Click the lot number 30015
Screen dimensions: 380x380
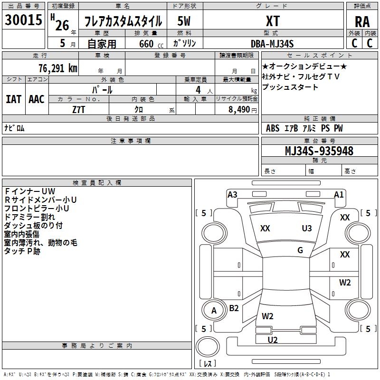pos(23,20)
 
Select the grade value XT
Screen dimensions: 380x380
pos(273,21)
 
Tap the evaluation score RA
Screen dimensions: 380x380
pos(362,22)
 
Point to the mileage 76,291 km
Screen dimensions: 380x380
pos(58,68)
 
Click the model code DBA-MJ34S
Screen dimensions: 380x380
pos(272,44)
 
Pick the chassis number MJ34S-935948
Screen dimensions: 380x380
pos(319,151)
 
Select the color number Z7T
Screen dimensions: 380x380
pos(78,110)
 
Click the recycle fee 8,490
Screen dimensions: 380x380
pos(239,110)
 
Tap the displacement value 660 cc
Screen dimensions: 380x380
pos(151,44)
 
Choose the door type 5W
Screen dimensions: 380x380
pos(184,21)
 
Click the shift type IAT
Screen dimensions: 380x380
pos(14,99)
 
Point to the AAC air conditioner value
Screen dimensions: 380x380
pos(37,99)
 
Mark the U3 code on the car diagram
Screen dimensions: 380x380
pos(307,228)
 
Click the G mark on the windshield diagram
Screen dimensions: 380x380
pos(300,250)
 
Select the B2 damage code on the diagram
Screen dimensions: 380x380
pos(234,308)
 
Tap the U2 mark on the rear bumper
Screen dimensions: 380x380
pos(273,340)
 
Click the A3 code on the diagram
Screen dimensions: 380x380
pos(232,195)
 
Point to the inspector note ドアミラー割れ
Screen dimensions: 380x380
pos(29,217)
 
